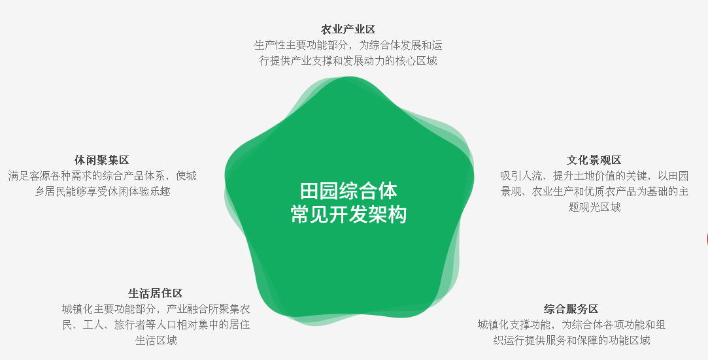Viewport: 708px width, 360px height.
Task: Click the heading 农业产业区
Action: (348, 29)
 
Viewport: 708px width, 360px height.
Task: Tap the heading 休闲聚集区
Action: (102, 159)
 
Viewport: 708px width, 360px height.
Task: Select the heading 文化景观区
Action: (594, 159)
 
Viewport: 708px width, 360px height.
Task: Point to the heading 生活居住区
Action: (156, 293)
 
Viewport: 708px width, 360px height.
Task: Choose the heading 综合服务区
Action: (571, 309)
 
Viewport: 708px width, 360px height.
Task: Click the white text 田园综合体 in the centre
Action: (348, 191)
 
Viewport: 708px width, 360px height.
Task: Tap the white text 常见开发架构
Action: (348, 214)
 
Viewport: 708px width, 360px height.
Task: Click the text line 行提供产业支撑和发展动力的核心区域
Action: (348, 61)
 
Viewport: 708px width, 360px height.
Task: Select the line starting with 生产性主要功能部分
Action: (348, 45)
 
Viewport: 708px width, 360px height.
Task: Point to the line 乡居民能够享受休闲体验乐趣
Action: (103, 191)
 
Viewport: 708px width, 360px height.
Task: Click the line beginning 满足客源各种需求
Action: (103, 176)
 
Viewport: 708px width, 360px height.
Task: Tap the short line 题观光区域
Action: (594, 207)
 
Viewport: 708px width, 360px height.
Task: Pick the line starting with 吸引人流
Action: (594, 176)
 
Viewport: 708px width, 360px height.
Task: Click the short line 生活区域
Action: (156, 340)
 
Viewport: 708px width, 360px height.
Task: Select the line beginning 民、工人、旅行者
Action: (156, 325)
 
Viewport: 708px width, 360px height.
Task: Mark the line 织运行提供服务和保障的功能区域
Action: (571, 340)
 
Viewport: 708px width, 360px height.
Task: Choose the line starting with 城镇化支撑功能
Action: (571, 325)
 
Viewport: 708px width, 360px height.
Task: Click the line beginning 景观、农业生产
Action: (594, 191)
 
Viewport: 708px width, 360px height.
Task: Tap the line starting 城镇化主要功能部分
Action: (156, 309)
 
